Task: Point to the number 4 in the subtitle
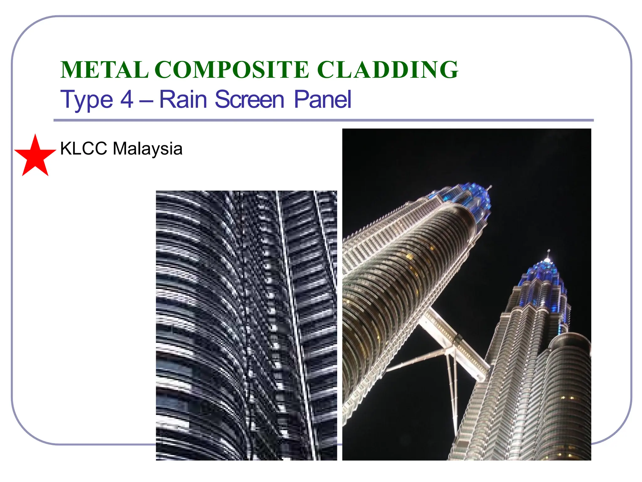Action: click(x=127, y=100)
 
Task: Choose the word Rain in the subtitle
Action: click(x=183, y=100)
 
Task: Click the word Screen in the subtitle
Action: click(x=250, y=100)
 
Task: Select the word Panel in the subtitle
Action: click(x=322, y=100)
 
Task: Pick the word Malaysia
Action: click(x=147, y=148)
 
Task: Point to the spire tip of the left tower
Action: click(x=490, y=187)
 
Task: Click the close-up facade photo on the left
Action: click(x=246, y=325)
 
